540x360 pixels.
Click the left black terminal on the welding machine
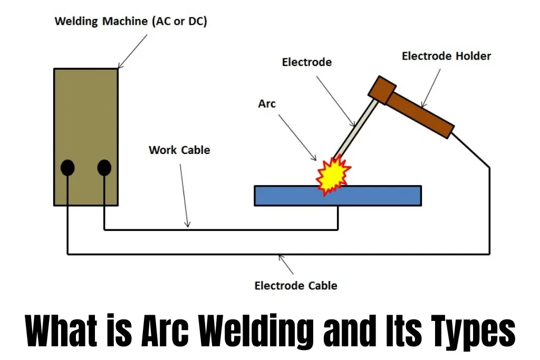click(x=67, y=168)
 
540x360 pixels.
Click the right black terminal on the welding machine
click(x=104, y=168)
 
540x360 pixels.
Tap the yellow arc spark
click(x=332, y=174)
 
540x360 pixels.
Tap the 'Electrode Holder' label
click(x=446, y=56)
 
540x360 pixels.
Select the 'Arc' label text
click(x=267, y=104)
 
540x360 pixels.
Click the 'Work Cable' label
click(x=179, y=150)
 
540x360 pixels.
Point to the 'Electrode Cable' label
click(x=296, y=286)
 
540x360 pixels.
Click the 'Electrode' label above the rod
click(x=307, y=62)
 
